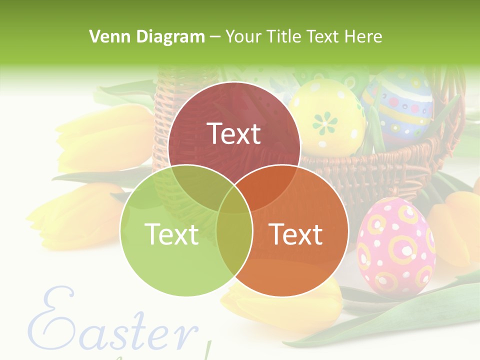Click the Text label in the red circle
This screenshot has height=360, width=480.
coord(234,133)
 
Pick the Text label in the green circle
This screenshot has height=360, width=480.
coord(171,233)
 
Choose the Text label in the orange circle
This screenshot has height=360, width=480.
coord(296,233)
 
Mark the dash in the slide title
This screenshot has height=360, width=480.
coord(215,36)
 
